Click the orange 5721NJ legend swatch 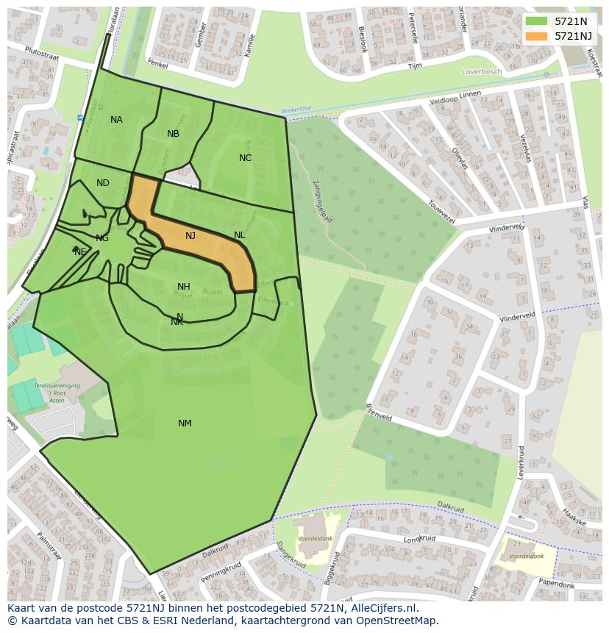[537, 35]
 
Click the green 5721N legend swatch [537, 21]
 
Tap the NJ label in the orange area [190, 236]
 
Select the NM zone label [185, 423]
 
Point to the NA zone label [116, 120]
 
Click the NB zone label [173, 134]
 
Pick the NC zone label [245, 158]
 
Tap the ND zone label [102, 183]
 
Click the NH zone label [184, 287]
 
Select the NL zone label [239, 235]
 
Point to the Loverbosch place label [481, 71]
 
